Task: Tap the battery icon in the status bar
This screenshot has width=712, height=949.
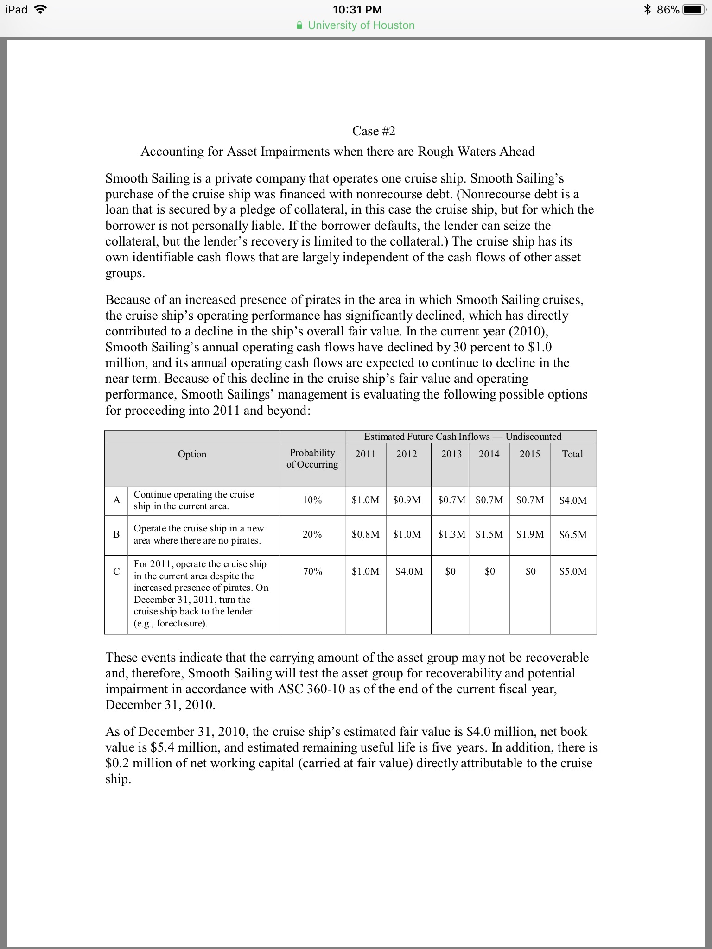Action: click(694, 10)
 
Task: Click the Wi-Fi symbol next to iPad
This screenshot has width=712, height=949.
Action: click(41, 10)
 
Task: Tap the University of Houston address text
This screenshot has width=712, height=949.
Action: click(361, 25)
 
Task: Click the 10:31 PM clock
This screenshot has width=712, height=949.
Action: click(357, 10)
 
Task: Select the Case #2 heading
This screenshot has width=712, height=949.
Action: click(374, 131)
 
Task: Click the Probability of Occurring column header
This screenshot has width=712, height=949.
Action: click(312, 458)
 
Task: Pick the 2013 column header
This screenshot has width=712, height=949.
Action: click(451, 454)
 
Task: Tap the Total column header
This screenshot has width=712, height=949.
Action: click(572, 454)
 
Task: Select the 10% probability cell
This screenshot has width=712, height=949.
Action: click(312, 500)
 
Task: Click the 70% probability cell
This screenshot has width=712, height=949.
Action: click(312, 571)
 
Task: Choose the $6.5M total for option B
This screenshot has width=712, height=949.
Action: click(573, 534)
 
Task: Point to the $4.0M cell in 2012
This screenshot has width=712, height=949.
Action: click(409, 571)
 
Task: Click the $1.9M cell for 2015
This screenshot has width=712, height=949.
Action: click(530, 534)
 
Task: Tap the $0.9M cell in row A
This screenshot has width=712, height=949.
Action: click(407, 500)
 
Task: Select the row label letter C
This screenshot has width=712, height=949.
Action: click(116, 571)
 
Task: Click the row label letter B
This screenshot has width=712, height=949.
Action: click(116, 534)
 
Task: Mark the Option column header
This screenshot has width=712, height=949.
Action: click(192, 454)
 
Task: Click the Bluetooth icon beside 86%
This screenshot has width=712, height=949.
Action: click(648, 10)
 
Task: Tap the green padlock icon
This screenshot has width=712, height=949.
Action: click(300, 25)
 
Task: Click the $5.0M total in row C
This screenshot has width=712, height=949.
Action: click(573, 571)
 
